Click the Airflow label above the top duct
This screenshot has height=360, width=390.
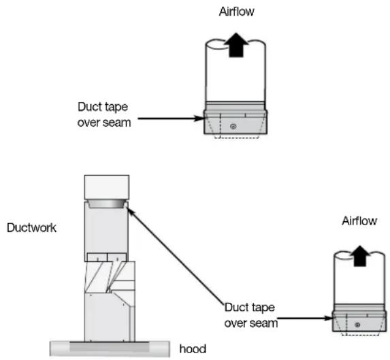pyautogui.click(x=237, y=12)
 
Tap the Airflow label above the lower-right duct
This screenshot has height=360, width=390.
pyautogui.click(x=359, y=220)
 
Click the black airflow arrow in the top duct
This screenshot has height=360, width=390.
pyautogui.click(x=235, y=45)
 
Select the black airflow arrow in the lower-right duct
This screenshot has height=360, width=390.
pyautogui.click(x=359, y=256)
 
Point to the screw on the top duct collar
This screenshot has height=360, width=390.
pyautogui.click(x=233, y=127)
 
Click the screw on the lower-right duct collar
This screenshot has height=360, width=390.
pyautogui.click(x=357, y=325)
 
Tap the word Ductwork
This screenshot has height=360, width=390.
pyautogui.click(x=31, y=228)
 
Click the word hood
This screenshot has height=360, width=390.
pyautogui.click(x=193, y=349)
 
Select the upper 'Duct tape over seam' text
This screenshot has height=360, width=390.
pyautogui.click(x=104, y=114)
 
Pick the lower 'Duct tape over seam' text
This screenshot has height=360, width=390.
pyautogui.click(x=251, y=315)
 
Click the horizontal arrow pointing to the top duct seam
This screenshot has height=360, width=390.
pyautogui.click(x=171, y=118)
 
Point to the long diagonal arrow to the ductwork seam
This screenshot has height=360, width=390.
pyautogui.click(x=176, y=256)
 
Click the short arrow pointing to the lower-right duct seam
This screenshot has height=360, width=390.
pyautogui.click(x=305, y=318)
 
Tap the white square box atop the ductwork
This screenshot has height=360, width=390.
pyautogui.click(x=107, y=187)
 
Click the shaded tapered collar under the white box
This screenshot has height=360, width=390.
pyautogui.click(x=106, y=203)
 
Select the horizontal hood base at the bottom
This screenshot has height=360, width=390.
pyautogui.click(x=110, y=349)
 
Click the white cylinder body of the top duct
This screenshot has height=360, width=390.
pyautogui.click(x=235, y=72)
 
